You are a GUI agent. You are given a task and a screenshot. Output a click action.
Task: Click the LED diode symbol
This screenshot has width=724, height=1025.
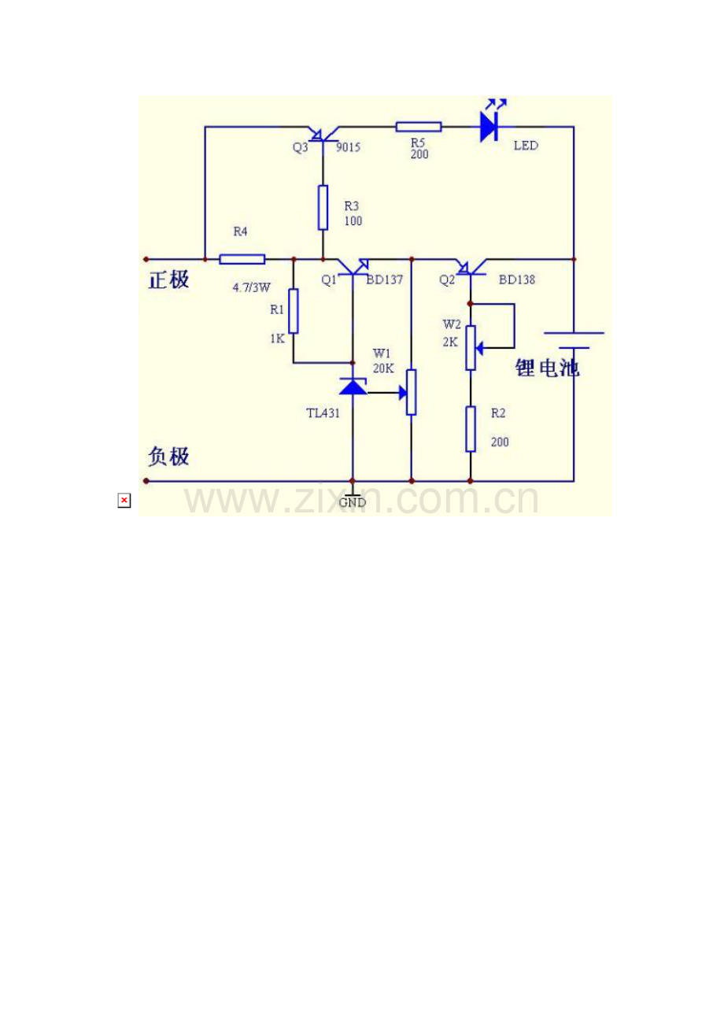click(x=489, y=127)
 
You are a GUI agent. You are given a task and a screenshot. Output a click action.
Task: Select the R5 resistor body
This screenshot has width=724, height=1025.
click(x=418, y=127)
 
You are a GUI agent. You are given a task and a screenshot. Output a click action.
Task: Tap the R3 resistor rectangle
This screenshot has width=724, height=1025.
click(x=323, y=207)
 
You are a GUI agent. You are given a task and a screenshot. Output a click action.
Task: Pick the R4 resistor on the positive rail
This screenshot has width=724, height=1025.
click(x=242, y=260)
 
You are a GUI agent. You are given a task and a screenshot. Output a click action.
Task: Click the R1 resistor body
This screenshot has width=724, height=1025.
click(x=294, y=311)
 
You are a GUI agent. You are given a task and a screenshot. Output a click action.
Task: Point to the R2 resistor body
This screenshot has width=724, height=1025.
click(x=471, y=429)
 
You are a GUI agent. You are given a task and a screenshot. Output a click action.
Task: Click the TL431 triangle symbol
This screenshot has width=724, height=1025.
click(x=353, y=387)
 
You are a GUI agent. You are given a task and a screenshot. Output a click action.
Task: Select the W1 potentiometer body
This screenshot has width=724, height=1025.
click(x=411, y=392)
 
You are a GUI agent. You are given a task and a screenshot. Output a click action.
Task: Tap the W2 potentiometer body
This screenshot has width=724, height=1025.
click(x=471, y=348)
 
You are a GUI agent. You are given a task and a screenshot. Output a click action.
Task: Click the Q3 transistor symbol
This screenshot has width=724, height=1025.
click(x=323, y=135)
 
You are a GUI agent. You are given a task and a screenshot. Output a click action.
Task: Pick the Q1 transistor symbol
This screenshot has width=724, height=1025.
click(x=353, y=267)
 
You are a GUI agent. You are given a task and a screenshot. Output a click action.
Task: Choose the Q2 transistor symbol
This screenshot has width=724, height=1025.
click(x=471, y=267)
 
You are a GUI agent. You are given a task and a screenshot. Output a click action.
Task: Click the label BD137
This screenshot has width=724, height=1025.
click(x=384, y=279)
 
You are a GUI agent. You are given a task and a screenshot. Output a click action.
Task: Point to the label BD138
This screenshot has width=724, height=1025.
click(x=516, y=279)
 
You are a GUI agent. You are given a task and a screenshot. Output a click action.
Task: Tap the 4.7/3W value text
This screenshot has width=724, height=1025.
click(x=252, y=287)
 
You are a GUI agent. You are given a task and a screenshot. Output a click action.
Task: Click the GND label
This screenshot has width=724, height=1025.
click(x=353, y=502)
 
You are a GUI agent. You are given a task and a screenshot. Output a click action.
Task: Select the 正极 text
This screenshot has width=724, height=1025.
click(x=168, y=279)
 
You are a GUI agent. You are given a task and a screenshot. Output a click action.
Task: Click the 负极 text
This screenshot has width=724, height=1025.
click(x=168, y=457)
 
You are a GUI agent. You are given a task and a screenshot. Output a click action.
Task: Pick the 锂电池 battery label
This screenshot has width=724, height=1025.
click(x=547, y=368)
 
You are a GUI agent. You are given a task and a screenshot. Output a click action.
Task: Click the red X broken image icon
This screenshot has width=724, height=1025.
click(x=124, y=500)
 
